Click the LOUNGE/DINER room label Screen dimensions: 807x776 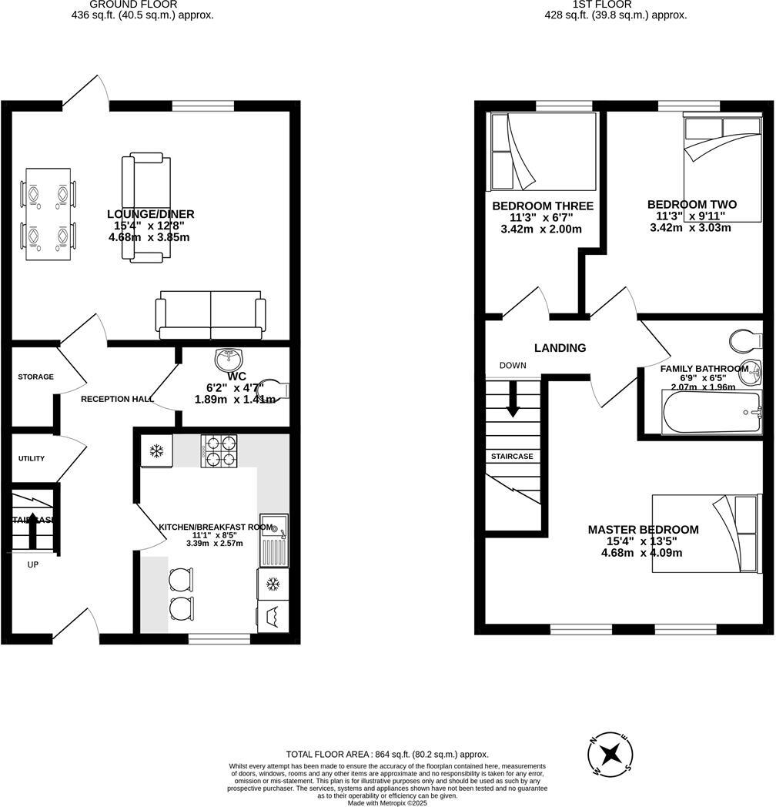(150, 214)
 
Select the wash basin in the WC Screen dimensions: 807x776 (229, 360)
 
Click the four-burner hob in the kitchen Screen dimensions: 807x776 (219, 450)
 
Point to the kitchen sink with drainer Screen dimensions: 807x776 (273, 539)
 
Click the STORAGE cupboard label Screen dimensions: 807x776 (36, 377)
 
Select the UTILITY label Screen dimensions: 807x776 (32, 458)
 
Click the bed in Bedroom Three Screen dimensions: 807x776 (544, 152)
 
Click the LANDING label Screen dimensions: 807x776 (560, 348)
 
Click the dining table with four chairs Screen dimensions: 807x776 (48, 213)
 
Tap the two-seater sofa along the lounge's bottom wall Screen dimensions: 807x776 (210, 314)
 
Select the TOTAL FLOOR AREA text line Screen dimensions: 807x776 (387, 755)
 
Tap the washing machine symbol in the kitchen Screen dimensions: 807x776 (273, 616)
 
